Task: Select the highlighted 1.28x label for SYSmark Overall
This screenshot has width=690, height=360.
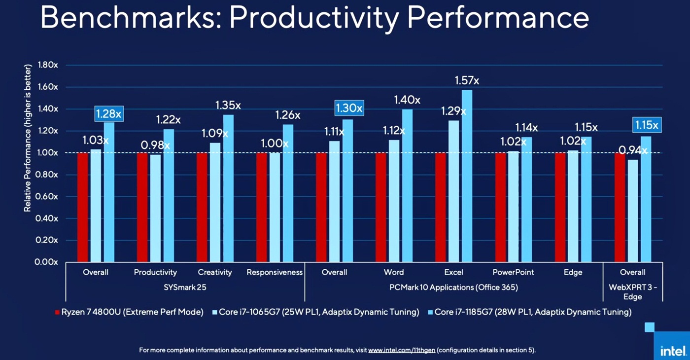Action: (108, 114)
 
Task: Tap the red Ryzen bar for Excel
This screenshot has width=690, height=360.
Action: (441, 207)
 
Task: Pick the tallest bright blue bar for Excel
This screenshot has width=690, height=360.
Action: (467, 176)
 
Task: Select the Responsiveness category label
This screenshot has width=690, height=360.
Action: (275, 272)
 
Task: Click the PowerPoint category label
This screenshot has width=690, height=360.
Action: (513, 272)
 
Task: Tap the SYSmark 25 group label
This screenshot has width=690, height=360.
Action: (185, 287)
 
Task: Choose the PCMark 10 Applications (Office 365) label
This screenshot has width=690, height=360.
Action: (453, 287)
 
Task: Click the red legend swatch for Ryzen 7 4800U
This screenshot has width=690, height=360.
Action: (58, 312)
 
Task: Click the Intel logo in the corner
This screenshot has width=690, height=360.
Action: (673, 351)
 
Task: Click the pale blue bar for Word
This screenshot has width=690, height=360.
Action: (394, 201)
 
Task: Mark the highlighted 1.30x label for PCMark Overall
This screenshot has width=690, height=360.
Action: (349, 108)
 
